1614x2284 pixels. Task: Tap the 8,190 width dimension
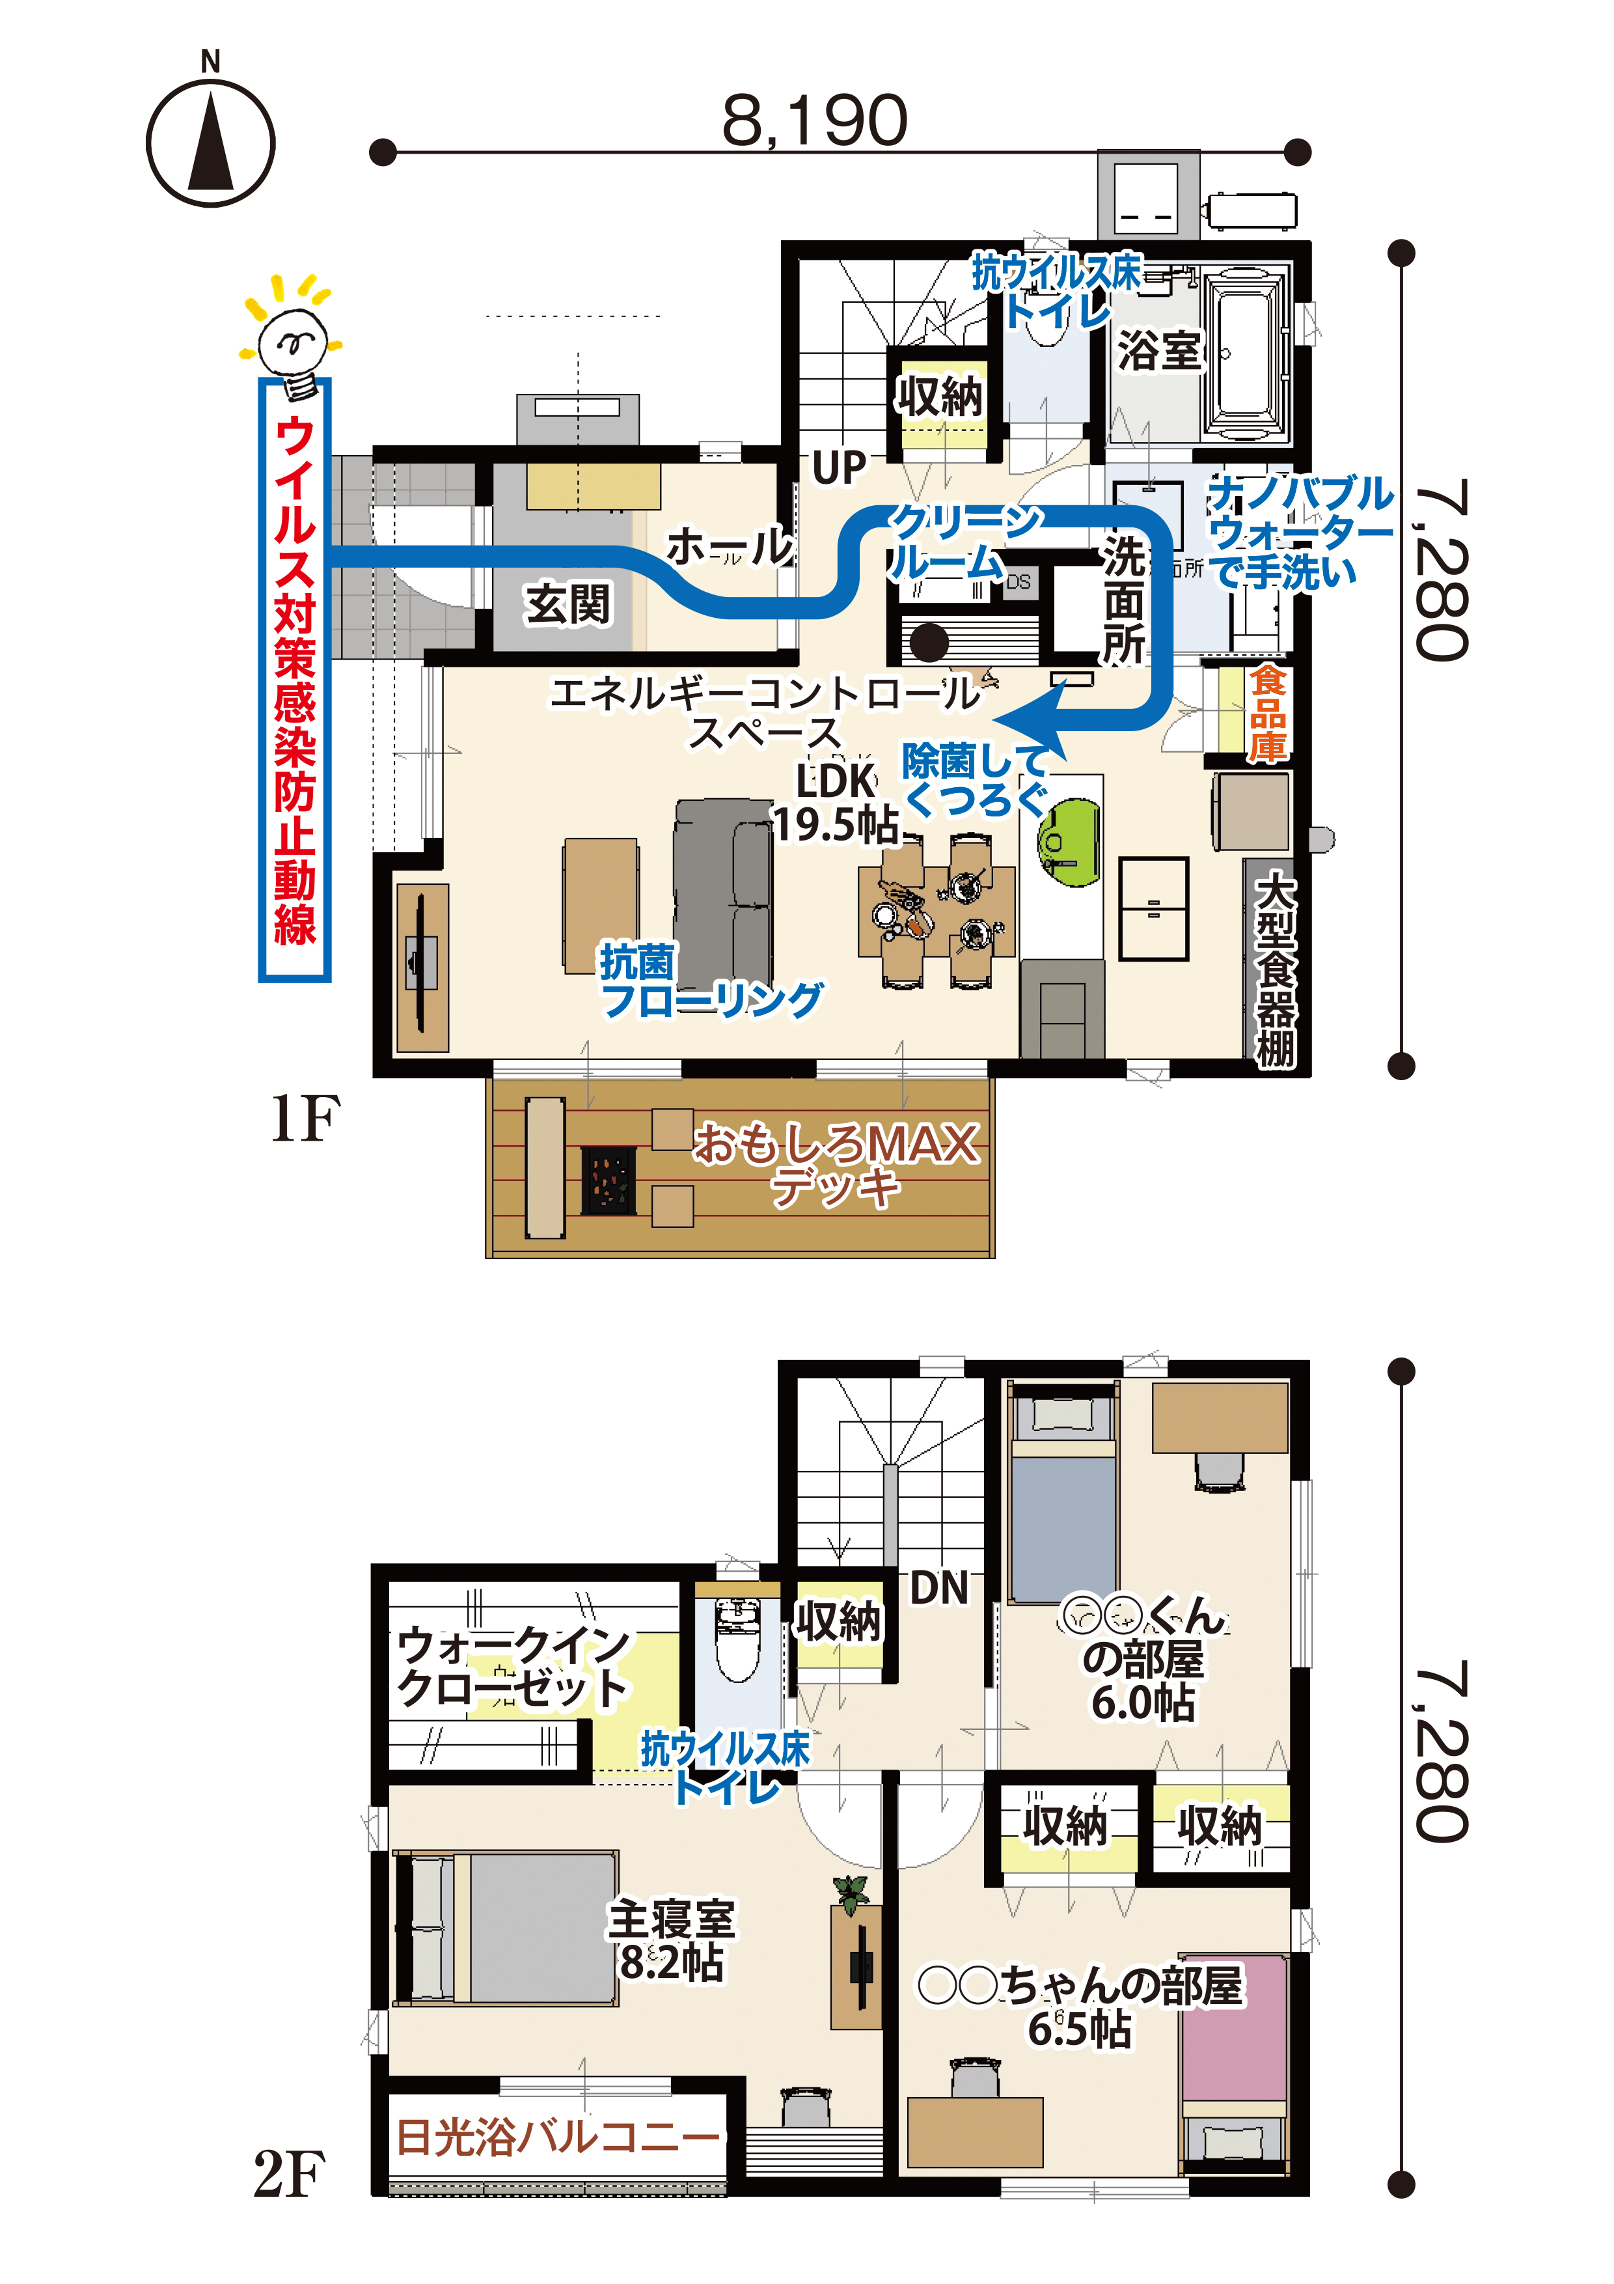coord(814,120)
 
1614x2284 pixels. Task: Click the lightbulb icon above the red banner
coord(292,335)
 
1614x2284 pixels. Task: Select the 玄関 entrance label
coord(568,603)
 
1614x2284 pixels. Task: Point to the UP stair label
coord(838,467)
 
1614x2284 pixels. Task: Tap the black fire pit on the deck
coord(608,1180)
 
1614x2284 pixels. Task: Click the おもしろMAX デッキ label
coord(836,1164)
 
